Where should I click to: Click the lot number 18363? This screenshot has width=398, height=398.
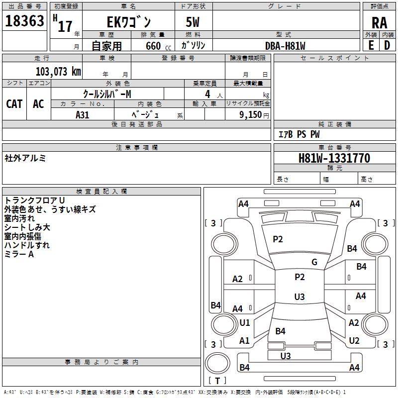(x=24, y=21)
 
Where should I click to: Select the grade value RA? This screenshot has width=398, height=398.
(x=379, y=23)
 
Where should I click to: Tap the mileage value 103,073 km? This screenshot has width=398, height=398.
(x=58, y=72)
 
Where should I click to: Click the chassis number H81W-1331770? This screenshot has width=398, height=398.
(x=334, y=158)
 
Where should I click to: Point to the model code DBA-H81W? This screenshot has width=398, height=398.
(x=285, y=46)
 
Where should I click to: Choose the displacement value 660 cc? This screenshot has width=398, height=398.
(x=158, y=46)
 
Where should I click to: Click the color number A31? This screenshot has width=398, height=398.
(x=82, y=115)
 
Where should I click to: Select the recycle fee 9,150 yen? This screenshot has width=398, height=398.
(x=254, y=115)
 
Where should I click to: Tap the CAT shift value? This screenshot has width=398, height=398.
(x=14, y=104)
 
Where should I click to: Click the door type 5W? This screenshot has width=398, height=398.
(x=193, y=22)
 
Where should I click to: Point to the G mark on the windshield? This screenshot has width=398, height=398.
(x=314, y=262)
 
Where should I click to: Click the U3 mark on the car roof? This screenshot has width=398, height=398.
(x=299, y=297)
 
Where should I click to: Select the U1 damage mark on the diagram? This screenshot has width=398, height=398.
(x=245, y=322)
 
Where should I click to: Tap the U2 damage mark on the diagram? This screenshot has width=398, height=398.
(x=354, y=340)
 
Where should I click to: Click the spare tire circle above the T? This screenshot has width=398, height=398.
(x=217, y=363)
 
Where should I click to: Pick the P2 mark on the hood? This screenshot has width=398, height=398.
(x=278, y=239)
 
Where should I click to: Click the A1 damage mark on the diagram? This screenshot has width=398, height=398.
(x=244, y=340)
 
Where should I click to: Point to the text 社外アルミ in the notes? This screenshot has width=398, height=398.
(x=25, y=158)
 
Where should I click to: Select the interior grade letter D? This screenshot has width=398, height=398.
(x=387, y=45)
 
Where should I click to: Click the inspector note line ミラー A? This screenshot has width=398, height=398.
(x=19, y=254)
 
